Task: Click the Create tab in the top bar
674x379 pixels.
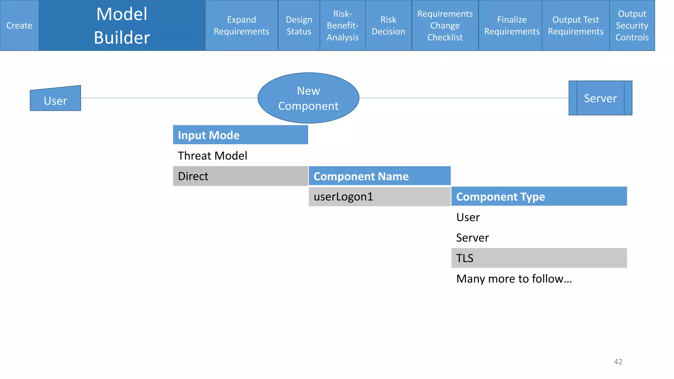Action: click(x=19, y=25)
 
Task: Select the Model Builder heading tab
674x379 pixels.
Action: click(x=122, y=25)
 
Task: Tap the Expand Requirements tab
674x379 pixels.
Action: click(x=242, y=25)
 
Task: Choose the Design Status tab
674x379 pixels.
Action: click(x=299, y=25)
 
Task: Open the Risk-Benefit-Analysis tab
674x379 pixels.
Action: click(x=343, y=25)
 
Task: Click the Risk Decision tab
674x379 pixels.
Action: click(x=388, y=25)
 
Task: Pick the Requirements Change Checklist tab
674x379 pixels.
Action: click(x=445, y=25)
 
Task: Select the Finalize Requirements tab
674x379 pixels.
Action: click(x=512, y=25)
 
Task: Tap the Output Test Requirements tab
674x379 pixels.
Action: click(x=576, y=25)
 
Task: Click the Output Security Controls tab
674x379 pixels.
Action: click(x=632, y=25)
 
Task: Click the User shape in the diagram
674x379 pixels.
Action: click(x=55, y=100)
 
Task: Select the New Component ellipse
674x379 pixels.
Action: click(x=308, y=98)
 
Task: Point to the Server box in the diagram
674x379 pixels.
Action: click(x=600, y=98)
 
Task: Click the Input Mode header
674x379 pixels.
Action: click(x=241, y=135)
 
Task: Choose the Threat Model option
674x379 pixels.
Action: click(x=213, y=156)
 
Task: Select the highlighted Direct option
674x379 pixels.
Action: click(x=241, y=176)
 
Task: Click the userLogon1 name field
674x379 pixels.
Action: click(x=379, y=197)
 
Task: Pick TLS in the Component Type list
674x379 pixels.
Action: click(x=539, y=258)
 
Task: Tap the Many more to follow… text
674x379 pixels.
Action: click(x=514, y=279)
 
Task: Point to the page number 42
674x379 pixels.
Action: click(x=618, y=362)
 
